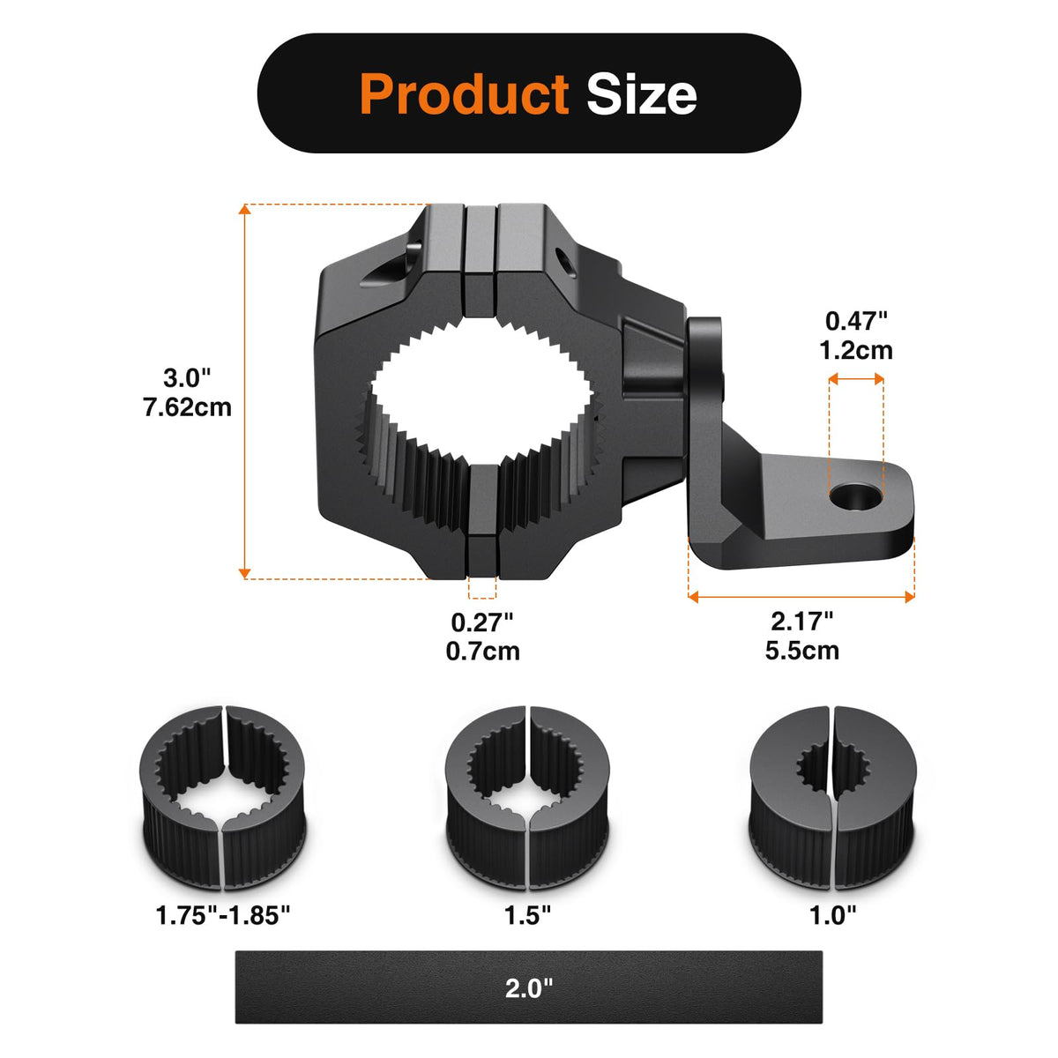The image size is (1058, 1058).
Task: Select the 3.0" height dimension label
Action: tap(187, 378)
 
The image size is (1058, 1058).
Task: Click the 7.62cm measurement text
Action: tap(187, 407)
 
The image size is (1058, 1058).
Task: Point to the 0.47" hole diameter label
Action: tap(856, 321)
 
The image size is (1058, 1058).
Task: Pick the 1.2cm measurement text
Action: tap(856, 350)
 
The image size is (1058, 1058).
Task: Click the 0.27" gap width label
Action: tap(482, 622)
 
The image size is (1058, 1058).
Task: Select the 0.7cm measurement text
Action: tap(482, 652)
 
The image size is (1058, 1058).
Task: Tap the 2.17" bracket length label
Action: tap(801, 622)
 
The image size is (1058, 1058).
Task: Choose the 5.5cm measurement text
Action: tap(801, 651)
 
